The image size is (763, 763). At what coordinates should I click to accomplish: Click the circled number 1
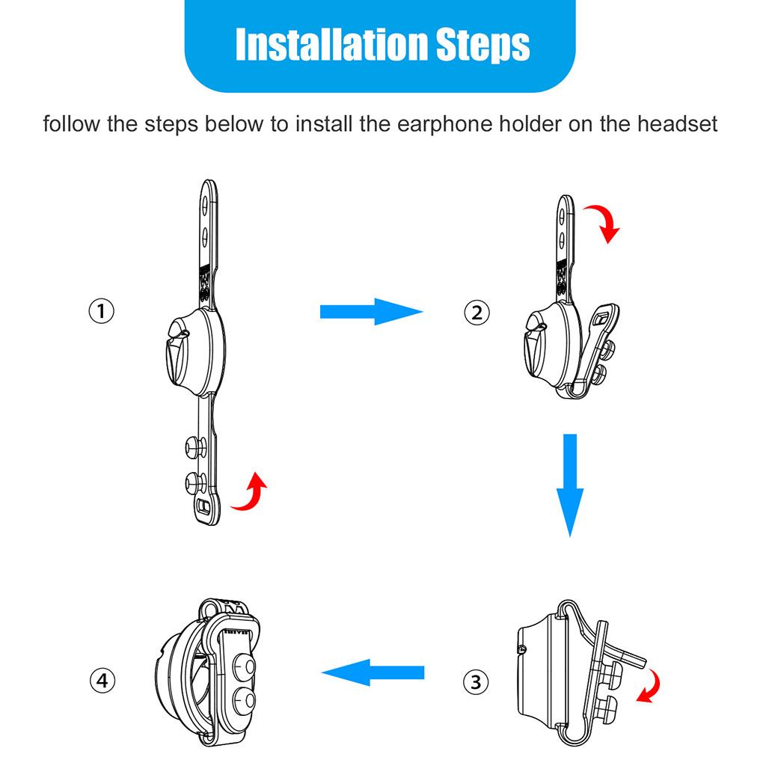101,311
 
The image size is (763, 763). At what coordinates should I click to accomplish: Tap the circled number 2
477,313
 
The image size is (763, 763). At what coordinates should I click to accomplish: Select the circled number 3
476,681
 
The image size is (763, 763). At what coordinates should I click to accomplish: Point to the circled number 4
102,680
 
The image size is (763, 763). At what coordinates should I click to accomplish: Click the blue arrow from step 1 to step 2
371,312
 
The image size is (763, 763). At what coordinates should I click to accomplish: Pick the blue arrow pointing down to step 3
570,485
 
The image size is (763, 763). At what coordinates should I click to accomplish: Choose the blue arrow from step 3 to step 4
373,672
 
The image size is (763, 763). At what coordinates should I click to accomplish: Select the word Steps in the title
482,45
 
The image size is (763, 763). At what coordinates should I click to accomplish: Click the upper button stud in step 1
195,447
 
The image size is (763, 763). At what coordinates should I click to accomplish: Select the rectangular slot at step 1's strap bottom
205,507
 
